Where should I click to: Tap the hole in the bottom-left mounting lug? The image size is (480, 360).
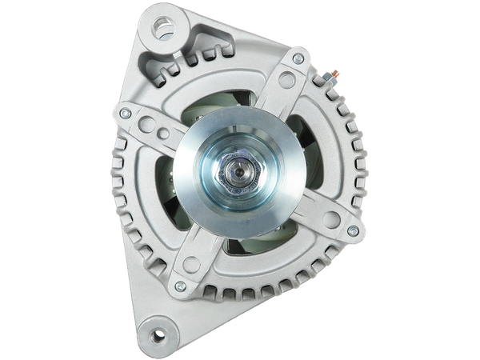(x=159, y=334)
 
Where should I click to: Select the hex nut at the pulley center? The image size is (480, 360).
(x=238, y=170)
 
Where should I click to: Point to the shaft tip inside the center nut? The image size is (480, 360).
(x=238, y=170)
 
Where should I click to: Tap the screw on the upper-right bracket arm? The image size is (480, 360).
(x=298, y=58)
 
